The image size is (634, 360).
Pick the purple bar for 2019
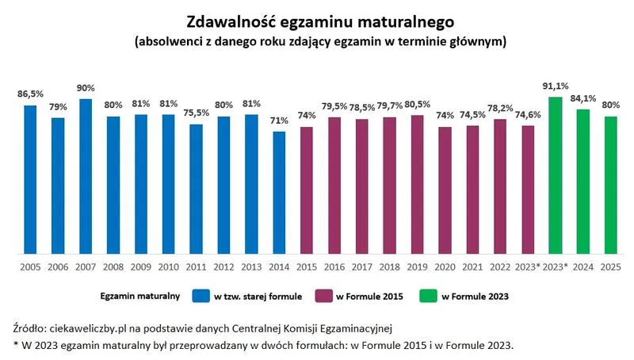click(417, 184)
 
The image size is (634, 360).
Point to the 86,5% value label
click(30, 94)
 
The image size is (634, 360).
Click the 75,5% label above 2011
click(196, 113)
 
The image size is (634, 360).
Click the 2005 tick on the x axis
click(30, 267)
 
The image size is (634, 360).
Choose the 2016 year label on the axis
click(334, 267)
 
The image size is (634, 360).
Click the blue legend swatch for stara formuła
click(201, 297)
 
